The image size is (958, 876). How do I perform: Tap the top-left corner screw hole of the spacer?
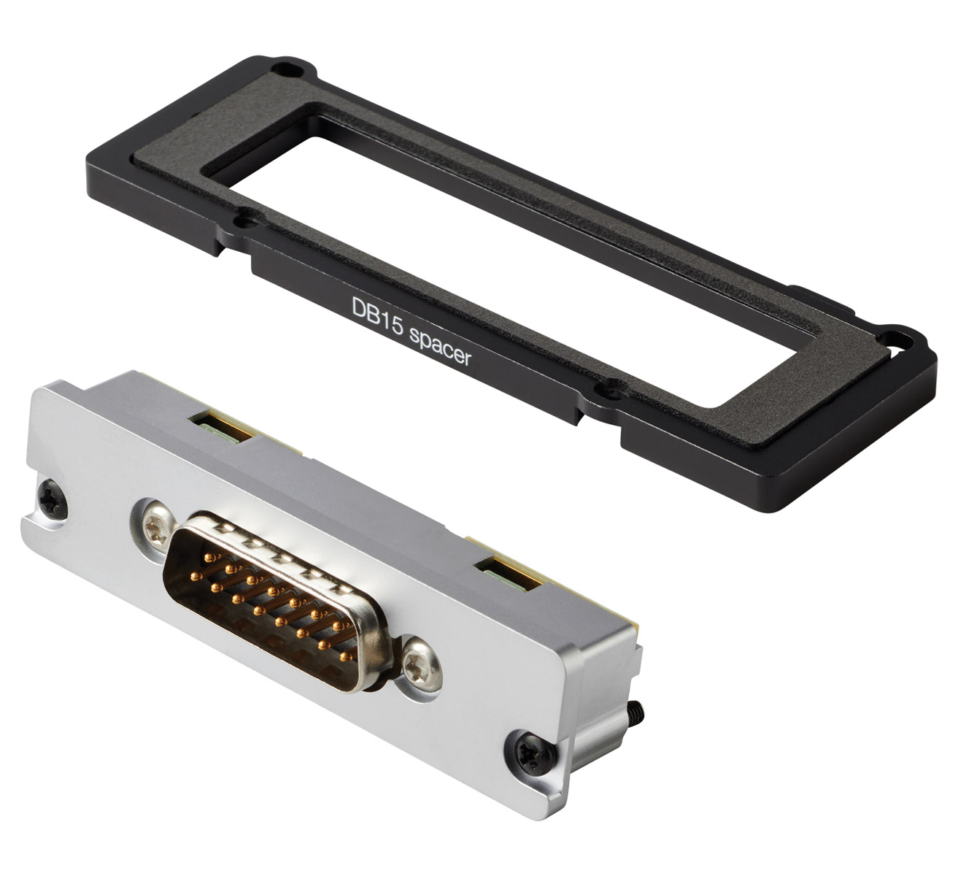pos(287,70)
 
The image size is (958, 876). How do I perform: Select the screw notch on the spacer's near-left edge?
pos(248,221)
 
